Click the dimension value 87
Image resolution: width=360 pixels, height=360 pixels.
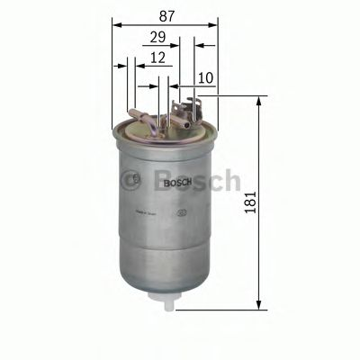(166, 16)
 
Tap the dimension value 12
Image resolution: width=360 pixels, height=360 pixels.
(157, 57)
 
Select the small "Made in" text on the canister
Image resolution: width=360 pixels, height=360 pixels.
(147, 212)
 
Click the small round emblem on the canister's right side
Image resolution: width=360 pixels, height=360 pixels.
(183, 213)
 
